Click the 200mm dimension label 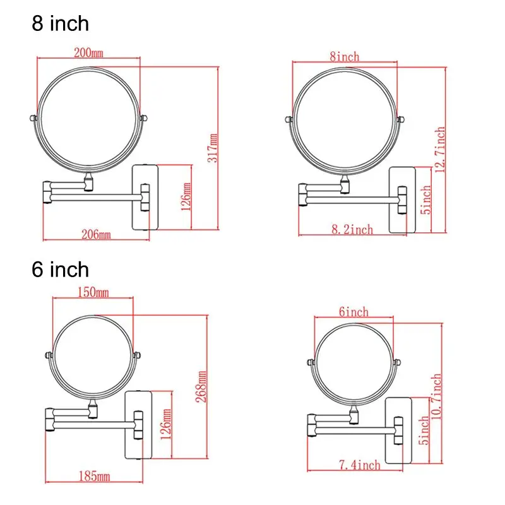pos(88,52)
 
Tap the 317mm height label pos(212,148)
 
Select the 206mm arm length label pos(96,234)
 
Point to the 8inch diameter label pos(344,57)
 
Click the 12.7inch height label pos(440,150)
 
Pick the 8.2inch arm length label pos(352,229)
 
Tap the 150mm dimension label pos(93,292)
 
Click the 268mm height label pos(201,386)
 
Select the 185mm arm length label pos(94,477)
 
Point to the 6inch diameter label pos(353,312)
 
